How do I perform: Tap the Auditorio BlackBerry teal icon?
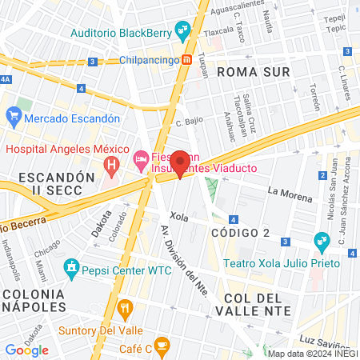click(184, 33)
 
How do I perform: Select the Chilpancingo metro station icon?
click(186, 60)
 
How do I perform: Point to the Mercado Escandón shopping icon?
click(13, 118)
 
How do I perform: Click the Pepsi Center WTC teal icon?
click(72, 265)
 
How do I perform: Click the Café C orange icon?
click(162, 346)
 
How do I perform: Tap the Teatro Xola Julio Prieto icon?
click(322, 239)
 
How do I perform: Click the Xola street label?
click(179, 216)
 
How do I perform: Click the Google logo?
click(27, 350)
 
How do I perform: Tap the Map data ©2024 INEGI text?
click(313, 354)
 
